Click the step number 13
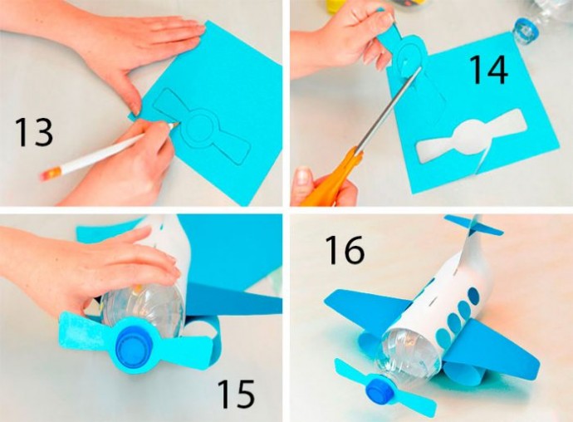click(x=34, y=132)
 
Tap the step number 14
click(x=487, y=70)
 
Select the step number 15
click(x=236, y=394)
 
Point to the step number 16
click(x=345, y=250)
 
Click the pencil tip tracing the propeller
click(x=176, y=125)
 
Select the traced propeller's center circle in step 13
click(x=200, y=129)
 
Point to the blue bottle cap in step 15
click(x=131, y=344)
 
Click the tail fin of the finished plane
click(x=473, y=226)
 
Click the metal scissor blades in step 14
click(x=389, y=109)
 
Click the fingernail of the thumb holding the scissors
click(x=303, y=175)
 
